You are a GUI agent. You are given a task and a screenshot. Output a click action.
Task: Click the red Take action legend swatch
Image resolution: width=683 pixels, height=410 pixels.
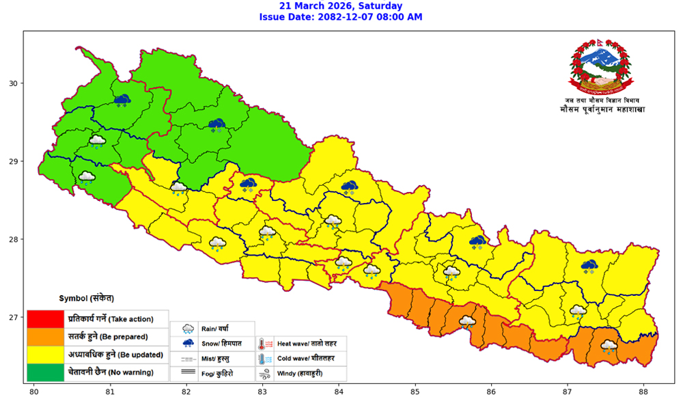tap(45, 318)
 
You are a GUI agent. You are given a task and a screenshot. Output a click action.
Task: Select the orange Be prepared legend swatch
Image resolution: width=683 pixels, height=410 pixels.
tap(45, 336)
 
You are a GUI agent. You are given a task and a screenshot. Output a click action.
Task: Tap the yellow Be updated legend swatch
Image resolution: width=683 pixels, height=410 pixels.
tap(45, 355)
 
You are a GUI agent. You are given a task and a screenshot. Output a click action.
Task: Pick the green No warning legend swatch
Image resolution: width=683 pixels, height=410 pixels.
tap(45, 373)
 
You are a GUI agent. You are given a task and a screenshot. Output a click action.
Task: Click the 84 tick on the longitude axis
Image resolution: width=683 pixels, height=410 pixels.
tap(338, 392)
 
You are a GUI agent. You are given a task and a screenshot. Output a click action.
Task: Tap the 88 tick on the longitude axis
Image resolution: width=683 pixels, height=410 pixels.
tap(643, 392)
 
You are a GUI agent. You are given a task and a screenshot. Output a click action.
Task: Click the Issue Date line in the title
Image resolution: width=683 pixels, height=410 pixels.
tap(341, 17)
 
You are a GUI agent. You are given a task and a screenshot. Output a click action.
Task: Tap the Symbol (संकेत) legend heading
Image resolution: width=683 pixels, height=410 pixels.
tap(86, 299)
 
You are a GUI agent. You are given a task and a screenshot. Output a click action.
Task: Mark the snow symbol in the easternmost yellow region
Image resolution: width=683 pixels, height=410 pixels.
tap(589, 266)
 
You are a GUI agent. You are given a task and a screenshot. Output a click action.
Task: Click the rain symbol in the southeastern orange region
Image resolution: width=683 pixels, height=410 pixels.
tap(609, 346)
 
